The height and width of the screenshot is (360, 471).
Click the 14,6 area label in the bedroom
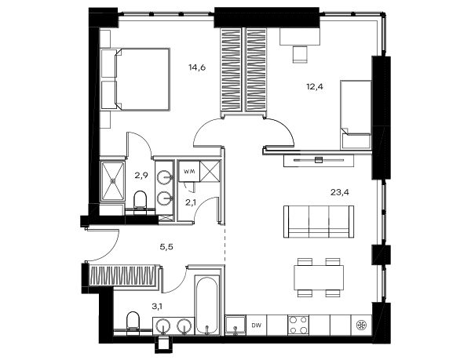pyautogui.click(x=197, y=67)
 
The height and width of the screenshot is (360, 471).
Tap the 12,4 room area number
pyautogui.click(x=315, y=87)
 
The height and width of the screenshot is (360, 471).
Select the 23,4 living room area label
pyautogui.click(x=340, y=192)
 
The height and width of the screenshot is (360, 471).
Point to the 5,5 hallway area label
pyautogui.click(x=166, y=247)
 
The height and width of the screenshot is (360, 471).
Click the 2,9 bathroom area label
pyautogui.click(x=141, y=176)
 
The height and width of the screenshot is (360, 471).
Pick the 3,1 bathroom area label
pyautogui.click(x=159, y=307)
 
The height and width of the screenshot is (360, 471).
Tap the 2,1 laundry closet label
pyautogui.click(x=191, y=203)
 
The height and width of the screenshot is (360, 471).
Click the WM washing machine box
pyautogui.click(x=189, y=171)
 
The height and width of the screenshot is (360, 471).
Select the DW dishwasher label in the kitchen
pyautogui.click(x=256, y=325)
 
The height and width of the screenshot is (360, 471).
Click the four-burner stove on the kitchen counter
pyautogui.click(x=298, y=325)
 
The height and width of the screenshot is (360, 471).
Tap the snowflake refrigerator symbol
pyautogui.click(x=360, y=325)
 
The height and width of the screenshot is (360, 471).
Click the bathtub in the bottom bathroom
pyautogui.click(x=206, y=305)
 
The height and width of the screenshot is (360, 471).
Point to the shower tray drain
pyautogui.click(x=113, y=181)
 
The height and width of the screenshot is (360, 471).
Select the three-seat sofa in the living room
pyautogui.click(x=319, y=222)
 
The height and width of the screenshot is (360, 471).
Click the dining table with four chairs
pyautogui.click(x=319, y=278)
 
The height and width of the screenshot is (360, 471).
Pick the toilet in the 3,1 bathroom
pyautogui.click(x=133, y=322)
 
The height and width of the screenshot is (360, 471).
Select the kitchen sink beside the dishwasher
pyautogui.click(x=235, y=325)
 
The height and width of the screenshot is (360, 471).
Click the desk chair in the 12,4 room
pyautogui.click(x=300, y=55)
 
